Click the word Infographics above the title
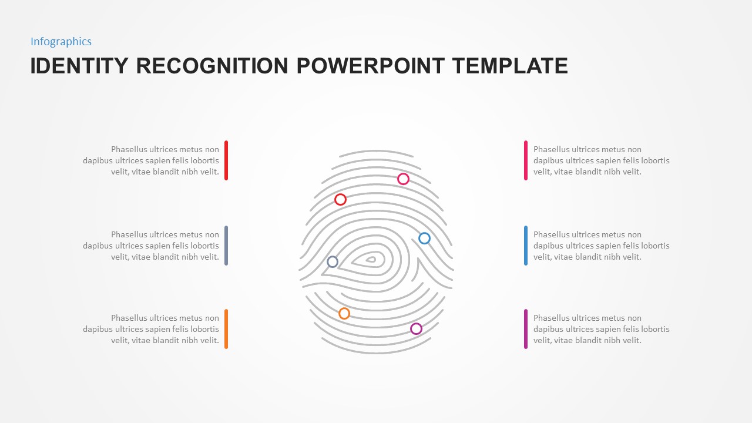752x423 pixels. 61,42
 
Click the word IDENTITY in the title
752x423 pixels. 79,66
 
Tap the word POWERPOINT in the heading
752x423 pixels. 371,66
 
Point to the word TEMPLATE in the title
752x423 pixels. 511,66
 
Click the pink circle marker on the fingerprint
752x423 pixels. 403,179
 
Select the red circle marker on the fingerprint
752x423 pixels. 340,200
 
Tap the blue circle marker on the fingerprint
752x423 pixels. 424,239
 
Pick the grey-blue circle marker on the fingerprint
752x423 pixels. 333,262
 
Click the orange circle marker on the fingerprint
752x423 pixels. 344,314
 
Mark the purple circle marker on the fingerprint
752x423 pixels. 416,329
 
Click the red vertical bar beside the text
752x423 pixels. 226,160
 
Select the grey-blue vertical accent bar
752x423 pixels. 226,246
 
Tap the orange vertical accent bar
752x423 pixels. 226,329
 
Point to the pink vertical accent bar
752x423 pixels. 526,160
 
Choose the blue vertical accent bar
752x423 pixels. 526,246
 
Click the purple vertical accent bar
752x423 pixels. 526,329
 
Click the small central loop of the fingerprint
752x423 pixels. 371,259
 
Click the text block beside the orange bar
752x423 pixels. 151,329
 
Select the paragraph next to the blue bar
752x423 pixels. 601,246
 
